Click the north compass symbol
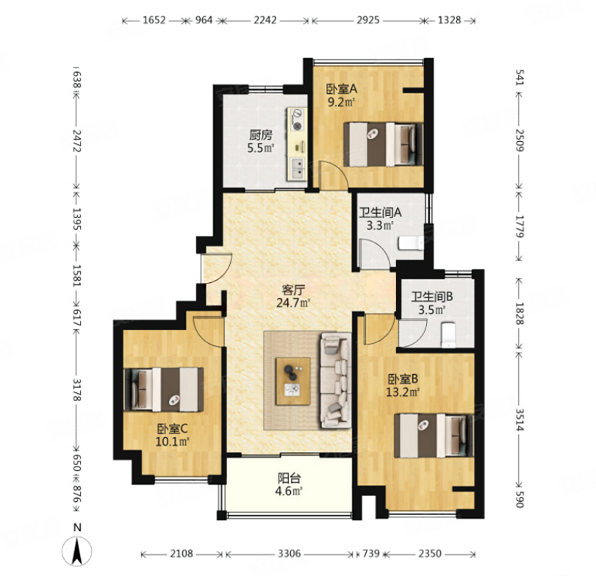click(x=76, y=551)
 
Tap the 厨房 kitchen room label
click(x=261, y=134)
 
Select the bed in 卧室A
click(x=383, y=144)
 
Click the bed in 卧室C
click(x=164, y=389)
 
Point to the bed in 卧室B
click(x=434, y=436)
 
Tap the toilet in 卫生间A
click(x=411, y=243)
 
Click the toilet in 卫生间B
click(x=449, y=335)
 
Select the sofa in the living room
click(x=336, y=381)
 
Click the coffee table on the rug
click(x=292, y=381)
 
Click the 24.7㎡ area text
click(x=293, y=303)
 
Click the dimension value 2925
click(x=368, y=20)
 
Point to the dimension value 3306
click(x=290, y=554)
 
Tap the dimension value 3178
click(x=76, y=390)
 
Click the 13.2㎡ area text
click(x=403, y=392)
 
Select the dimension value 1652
click(x=154, y=20)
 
